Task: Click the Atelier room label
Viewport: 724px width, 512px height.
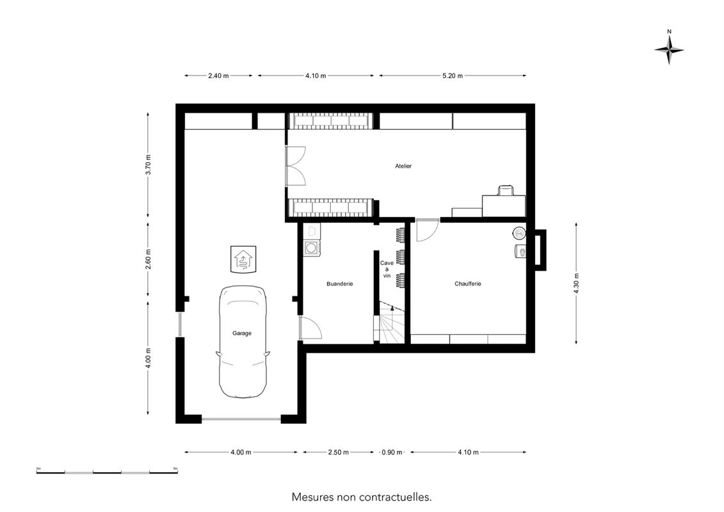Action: [403, 166]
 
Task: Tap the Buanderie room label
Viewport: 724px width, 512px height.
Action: [339, 284]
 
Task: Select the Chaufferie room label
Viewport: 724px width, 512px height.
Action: [468, 284]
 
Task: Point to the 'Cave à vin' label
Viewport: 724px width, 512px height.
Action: [387, 269]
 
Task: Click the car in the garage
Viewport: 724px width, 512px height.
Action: [243, 342]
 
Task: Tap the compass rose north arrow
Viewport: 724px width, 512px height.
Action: [669, 49]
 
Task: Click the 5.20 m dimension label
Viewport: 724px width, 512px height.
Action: [453, 76]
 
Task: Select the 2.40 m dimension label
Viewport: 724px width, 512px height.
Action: [218, 76]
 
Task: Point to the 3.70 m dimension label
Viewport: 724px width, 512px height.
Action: [149, 165]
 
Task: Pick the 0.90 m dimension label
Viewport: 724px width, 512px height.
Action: [392, 452]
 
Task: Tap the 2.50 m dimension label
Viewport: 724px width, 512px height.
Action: [339, 452]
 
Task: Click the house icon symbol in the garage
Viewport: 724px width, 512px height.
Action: [243, 259]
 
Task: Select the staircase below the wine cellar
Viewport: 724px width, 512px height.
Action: [392, 323]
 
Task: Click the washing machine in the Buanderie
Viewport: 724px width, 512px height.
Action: [312, 248]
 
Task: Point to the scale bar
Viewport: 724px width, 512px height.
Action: [107, 472]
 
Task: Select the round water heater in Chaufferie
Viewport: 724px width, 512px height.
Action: [519, 233]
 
